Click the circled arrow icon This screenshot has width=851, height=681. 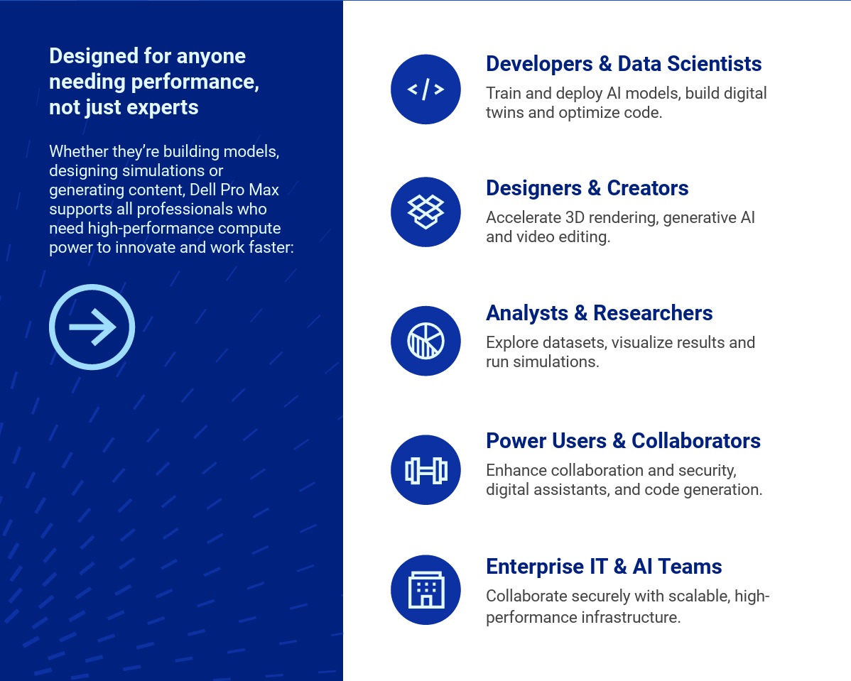(x=92, y=285)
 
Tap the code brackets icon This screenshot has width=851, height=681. (x=425, y=89)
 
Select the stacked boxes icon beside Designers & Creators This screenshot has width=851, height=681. (x=425, y=212)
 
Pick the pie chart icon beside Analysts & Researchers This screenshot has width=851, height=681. (x=425, y=341)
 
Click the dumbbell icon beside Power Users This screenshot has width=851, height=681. (x=425, y=470)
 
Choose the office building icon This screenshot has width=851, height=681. (x=425, y=590)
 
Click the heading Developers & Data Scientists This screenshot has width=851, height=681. (x=624, y=64)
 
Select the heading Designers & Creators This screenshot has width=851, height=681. (x=587, y=188)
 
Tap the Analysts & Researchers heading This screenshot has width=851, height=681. (x=599, y=313)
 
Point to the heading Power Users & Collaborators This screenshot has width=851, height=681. (x=623, y=440)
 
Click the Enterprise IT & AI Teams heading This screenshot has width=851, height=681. (x=604, y=567)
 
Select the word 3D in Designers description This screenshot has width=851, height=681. (x=575, y=217)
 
